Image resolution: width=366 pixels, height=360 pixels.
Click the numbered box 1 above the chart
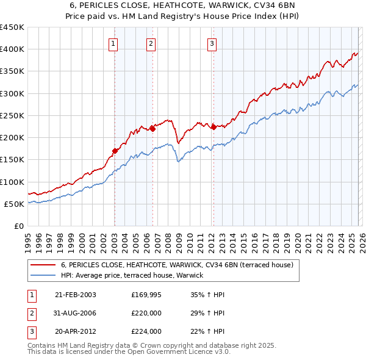114,43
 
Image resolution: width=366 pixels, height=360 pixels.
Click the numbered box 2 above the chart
151,43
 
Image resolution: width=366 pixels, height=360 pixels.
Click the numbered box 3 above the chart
211,43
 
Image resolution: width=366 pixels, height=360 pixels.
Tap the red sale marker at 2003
115,150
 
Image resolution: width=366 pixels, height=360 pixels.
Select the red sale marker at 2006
152,128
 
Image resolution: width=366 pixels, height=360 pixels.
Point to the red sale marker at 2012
213,127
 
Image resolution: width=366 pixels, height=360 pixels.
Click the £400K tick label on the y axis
12,49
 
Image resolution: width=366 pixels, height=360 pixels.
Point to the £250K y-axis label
12,115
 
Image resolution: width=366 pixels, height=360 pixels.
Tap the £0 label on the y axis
18,226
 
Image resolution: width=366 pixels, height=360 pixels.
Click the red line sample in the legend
42,265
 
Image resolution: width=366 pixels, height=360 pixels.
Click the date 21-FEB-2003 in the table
75,295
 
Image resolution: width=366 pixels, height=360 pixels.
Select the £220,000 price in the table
146,313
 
